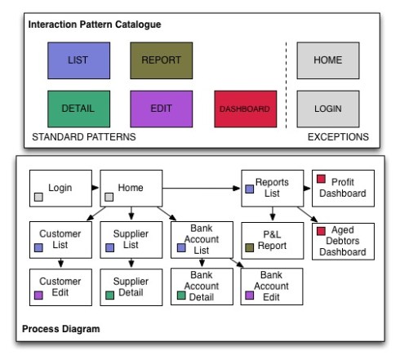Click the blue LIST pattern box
[79, 60]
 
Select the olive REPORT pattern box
[162, 60]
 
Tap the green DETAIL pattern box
[79, 109]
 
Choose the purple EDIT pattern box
[162, 109]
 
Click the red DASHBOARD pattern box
[246, 109]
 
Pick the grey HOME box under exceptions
[328, 60]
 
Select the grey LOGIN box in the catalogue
[328, 109]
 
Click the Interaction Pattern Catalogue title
[95, 24]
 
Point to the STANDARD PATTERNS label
[84, 137]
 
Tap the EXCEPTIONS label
[338, 137]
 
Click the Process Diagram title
[61, 329]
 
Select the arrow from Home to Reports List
[202, 188]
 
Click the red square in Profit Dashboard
[321, 179]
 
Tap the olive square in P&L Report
[250, 247]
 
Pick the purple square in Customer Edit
[38, 296]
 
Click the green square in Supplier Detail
[109, 296]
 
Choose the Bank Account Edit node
[272, 287]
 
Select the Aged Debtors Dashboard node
[343, 242]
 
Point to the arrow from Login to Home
[96, 188]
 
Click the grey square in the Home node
[109, 197]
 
